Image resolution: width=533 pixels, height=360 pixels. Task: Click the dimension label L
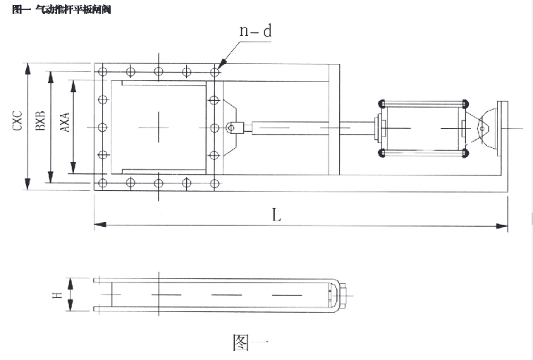[x=276, y=216]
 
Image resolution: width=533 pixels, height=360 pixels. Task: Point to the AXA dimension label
[x=64, y=121]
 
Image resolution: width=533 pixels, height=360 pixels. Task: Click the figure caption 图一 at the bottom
[x=250, y=342]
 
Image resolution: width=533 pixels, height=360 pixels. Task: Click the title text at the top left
[x=62, y=10]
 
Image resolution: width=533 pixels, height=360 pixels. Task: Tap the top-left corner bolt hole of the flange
[x=103, y=71]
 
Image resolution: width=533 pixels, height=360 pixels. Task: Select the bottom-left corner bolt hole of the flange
[x=103, y=183]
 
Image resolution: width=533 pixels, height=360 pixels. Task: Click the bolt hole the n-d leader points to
[x=214, y=71]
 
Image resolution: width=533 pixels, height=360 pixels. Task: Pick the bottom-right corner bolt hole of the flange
[x=214, y=183]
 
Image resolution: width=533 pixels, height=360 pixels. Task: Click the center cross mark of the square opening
[x=159, y=127]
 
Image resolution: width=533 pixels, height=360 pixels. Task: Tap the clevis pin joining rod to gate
[x=231, y=128]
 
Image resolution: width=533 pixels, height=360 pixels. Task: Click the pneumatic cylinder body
[x=422, y=128]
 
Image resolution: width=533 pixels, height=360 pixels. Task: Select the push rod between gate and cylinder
[x=310, y=128]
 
